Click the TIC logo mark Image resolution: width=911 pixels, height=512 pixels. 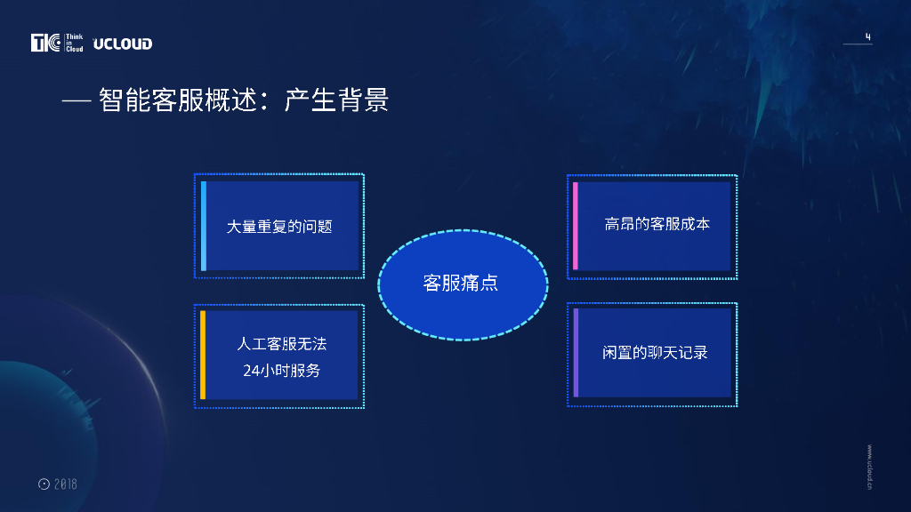point(46,43)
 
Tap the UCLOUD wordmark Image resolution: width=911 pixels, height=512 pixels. point(123,44)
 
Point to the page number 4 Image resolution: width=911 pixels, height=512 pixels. point(868,36)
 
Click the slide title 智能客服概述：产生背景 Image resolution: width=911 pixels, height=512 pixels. point(244,100)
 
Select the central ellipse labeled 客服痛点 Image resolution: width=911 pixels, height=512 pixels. point(463,285)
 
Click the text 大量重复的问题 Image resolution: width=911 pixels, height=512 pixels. point(278,227)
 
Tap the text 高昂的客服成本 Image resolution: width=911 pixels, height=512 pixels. point(657,224)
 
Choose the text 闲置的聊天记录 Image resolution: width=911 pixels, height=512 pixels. point(655,352)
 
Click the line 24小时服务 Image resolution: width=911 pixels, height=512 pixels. point(282,371)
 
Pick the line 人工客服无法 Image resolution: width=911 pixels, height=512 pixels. point(282,344)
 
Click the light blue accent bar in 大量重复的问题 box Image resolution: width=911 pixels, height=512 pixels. point(204,226)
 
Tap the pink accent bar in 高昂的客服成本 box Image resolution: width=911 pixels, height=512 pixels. point(576,226)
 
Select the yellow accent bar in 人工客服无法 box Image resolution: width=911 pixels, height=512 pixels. point(203,355)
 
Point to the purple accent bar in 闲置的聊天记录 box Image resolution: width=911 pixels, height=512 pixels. point(576,353)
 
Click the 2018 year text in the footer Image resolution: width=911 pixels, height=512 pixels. point(66,484)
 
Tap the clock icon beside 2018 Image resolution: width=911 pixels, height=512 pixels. point(44,484)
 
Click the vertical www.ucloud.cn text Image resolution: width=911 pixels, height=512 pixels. point(869,468)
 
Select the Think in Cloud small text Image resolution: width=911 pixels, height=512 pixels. point(75,43)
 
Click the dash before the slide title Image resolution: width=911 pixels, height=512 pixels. point(77,102)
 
